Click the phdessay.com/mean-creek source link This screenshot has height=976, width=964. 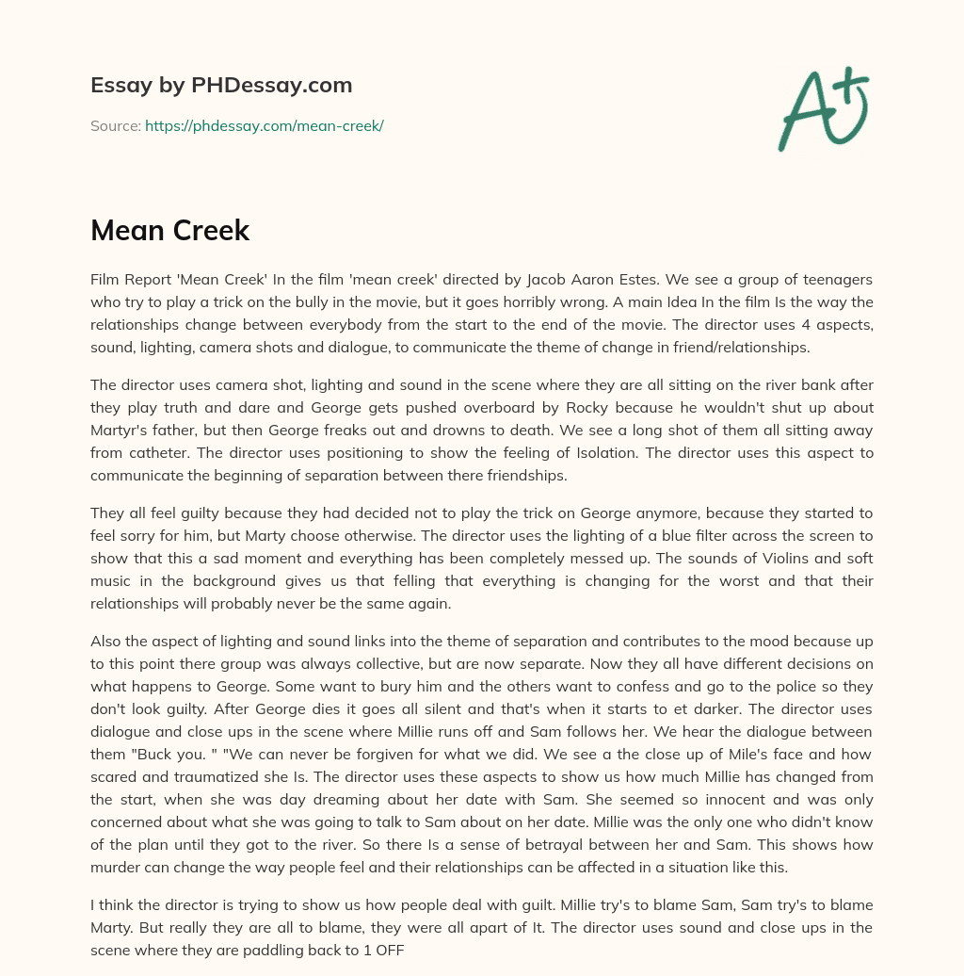[264, 125]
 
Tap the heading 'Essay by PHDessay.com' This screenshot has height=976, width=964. [221, 86]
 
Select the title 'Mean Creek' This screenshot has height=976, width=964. [169, 231]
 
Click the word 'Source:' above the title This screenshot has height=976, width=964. [115, 125]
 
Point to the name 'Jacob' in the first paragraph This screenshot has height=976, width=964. [548, 280]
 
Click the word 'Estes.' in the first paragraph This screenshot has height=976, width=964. [644, 280]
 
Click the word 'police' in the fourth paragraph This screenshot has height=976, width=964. [713, 687]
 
